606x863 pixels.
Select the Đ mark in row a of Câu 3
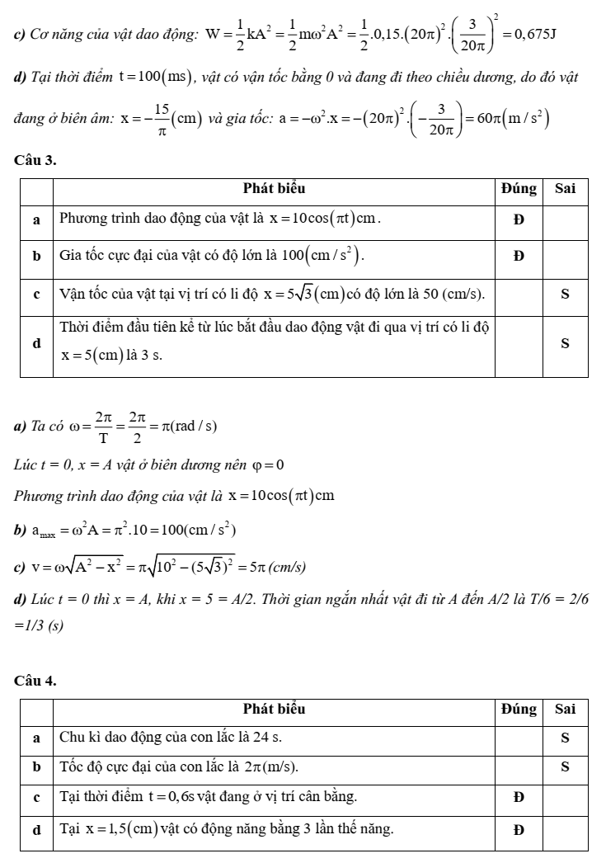pyautogui.click(x=519, y=219)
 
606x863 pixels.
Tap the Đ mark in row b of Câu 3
pyautogui.click(x=519, y=256)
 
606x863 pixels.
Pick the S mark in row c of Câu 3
pyautogui.click(x=565, y=294)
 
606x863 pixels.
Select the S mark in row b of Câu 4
pyautogui.click(x=565, y=766)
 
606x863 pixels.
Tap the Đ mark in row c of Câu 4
pyautogui.click(x=519, y=797)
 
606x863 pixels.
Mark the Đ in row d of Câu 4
pyautogui.click(x=519, y=829)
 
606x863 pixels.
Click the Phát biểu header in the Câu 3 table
pyautogui.click(x=275, y=188)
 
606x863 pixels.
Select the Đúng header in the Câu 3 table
pyautogui.click(x=519, y=188)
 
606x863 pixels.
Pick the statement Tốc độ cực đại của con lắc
pyautogui.click(x=180, y=766)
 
